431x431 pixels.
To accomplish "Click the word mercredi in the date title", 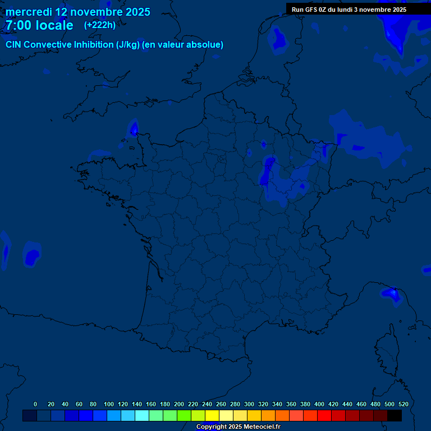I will [29, 12].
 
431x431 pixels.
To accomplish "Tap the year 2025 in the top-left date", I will [136, 12].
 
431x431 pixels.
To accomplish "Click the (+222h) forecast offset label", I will [100, 25].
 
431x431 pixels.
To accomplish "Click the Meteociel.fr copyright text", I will [238, 427].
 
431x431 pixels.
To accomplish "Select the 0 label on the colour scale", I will [35, 404].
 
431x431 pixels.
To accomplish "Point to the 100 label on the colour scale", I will [108, 404].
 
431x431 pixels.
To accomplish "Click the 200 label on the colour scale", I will [179, 404].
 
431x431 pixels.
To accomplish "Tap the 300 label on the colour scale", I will [249, 404].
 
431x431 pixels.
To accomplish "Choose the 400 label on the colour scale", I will [319, 404].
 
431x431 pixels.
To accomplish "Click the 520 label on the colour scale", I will [403, 404].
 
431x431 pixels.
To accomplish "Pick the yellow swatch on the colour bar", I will [212, 415].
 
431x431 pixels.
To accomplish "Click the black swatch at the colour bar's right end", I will [395, 415].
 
